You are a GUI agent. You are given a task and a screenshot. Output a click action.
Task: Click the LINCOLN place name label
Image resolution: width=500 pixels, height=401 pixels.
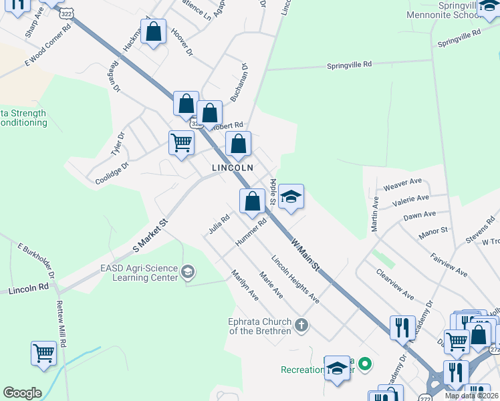[x=233, y=168]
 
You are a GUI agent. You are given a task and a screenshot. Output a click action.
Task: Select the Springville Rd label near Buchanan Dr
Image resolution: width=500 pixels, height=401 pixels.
[x=348, y=65]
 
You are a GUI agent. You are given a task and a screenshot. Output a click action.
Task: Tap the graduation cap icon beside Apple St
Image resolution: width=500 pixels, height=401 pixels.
[x=291, y=197]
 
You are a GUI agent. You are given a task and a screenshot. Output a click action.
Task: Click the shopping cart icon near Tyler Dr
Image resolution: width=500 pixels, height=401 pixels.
[x=181, y=143]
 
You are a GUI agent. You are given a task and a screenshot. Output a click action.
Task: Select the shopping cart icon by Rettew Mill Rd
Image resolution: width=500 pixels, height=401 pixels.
[x=43, y=352]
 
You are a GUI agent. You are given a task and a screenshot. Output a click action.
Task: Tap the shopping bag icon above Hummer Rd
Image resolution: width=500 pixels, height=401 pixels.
[x=252, y=201]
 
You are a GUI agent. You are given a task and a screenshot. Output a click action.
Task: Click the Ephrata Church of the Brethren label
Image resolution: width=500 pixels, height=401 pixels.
[x=259, y=325]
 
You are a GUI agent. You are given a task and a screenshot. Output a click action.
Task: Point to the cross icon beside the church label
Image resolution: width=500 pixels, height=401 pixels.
[x=301, y=325]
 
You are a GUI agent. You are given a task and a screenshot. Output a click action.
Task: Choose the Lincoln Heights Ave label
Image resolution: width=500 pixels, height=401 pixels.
[x=295, y=279]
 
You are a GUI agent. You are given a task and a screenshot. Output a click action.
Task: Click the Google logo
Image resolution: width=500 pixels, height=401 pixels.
[x=21, y=393]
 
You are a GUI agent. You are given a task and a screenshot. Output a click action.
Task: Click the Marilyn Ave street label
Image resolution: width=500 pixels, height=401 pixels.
[x=244, y=283]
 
